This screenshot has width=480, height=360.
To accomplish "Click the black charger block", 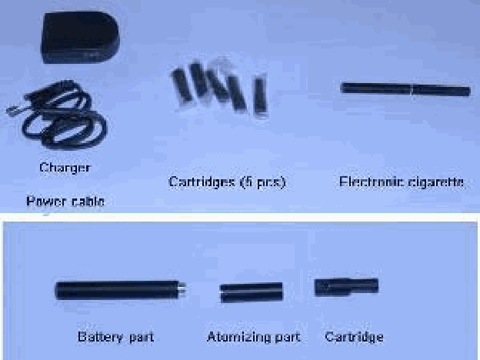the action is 80,38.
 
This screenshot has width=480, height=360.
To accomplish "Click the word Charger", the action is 65,168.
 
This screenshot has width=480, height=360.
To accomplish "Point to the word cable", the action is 88,202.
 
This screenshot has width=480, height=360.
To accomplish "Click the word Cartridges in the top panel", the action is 202,182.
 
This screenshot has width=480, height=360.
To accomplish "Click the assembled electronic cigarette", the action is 405,89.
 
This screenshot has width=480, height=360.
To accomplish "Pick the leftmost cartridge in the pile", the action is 182,85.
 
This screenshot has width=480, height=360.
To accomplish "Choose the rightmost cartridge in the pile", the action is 261,95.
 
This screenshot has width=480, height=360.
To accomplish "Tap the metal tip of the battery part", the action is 182,289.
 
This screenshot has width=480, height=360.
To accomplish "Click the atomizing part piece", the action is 252,292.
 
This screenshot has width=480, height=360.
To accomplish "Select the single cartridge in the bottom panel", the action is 346,287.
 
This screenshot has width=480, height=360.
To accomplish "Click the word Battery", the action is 100,337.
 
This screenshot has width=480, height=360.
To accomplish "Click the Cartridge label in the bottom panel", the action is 354,337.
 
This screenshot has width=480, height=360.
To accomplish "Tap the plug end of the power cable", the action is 12,111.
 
